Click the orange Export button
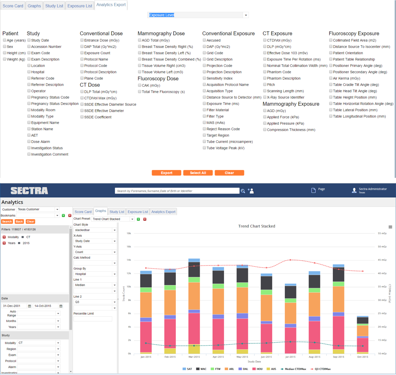click(166, 173)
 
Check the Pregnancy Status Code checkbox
click(29, 97)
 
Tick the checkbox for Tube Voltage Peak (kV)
click(204, 148)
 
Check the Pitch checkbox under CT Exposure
click(265, 85)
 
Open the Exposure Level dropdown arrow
click(246, 15)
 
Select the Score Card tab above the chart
click(83, 212)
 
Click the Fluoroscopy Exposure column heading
click(354, 33)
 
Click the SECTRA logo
click(29, 191)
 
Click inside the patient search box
click(177, 191)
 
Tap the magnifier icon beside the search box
click(243, 191)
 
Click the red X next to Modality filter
click(4, 237)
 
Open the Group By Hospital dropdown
click(115, 274)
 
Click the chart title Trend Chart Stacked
click(256, 226)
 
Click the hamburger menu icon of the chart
click(390, 227)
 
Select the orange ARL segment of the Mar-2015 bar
click(194, 296)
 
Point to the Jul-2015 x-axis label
click(290, 357)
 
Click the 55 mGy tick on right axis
click(382, 233)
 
